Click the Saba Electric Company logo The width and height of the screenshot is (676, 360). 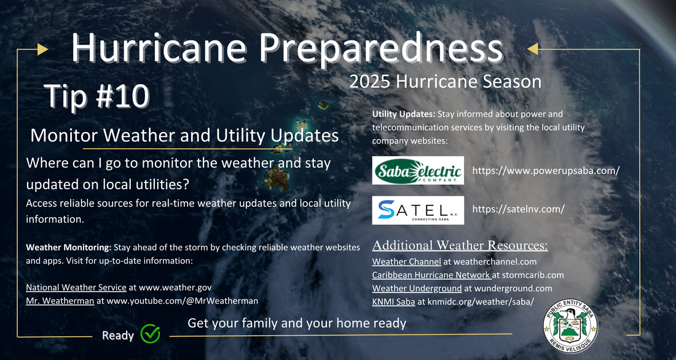pos(418,170)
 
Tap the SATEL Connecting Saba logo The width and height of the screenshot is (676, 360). pos(418,210)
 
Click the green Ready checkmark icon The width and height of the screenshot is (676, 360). pos(151,334)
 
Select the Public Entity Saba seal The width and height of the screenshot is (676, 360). pos(570,326)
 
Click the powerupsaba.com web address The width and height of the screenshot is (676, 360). pos(546,170)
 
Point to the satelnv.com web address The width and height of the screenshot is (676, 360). pos(518,209)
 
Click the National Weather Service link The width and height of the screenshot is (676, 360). pos(76,287)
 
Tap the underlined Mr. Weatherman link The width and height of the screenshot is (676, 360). pos(60,301)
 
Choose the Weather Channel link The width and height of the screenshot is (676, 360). pos(407,261)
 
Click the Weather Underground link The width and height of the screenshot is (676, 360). pos(417,288)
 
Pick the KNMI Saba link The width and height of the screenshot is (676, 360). pos(393,302)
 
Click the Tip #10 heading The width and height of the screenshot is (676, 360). pos(97,96)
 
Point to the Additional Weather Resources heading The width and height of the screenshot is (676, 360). pos(460,245)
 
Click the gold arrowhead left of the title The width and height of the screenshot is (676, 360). pos(42,50)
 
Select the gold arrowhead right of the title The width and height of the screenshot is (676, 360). pos(533,49)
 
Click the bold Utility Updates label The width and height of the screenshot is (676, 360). pos(404,115)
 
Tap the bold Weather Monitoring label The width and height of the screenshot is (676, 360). pos(69,248)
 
